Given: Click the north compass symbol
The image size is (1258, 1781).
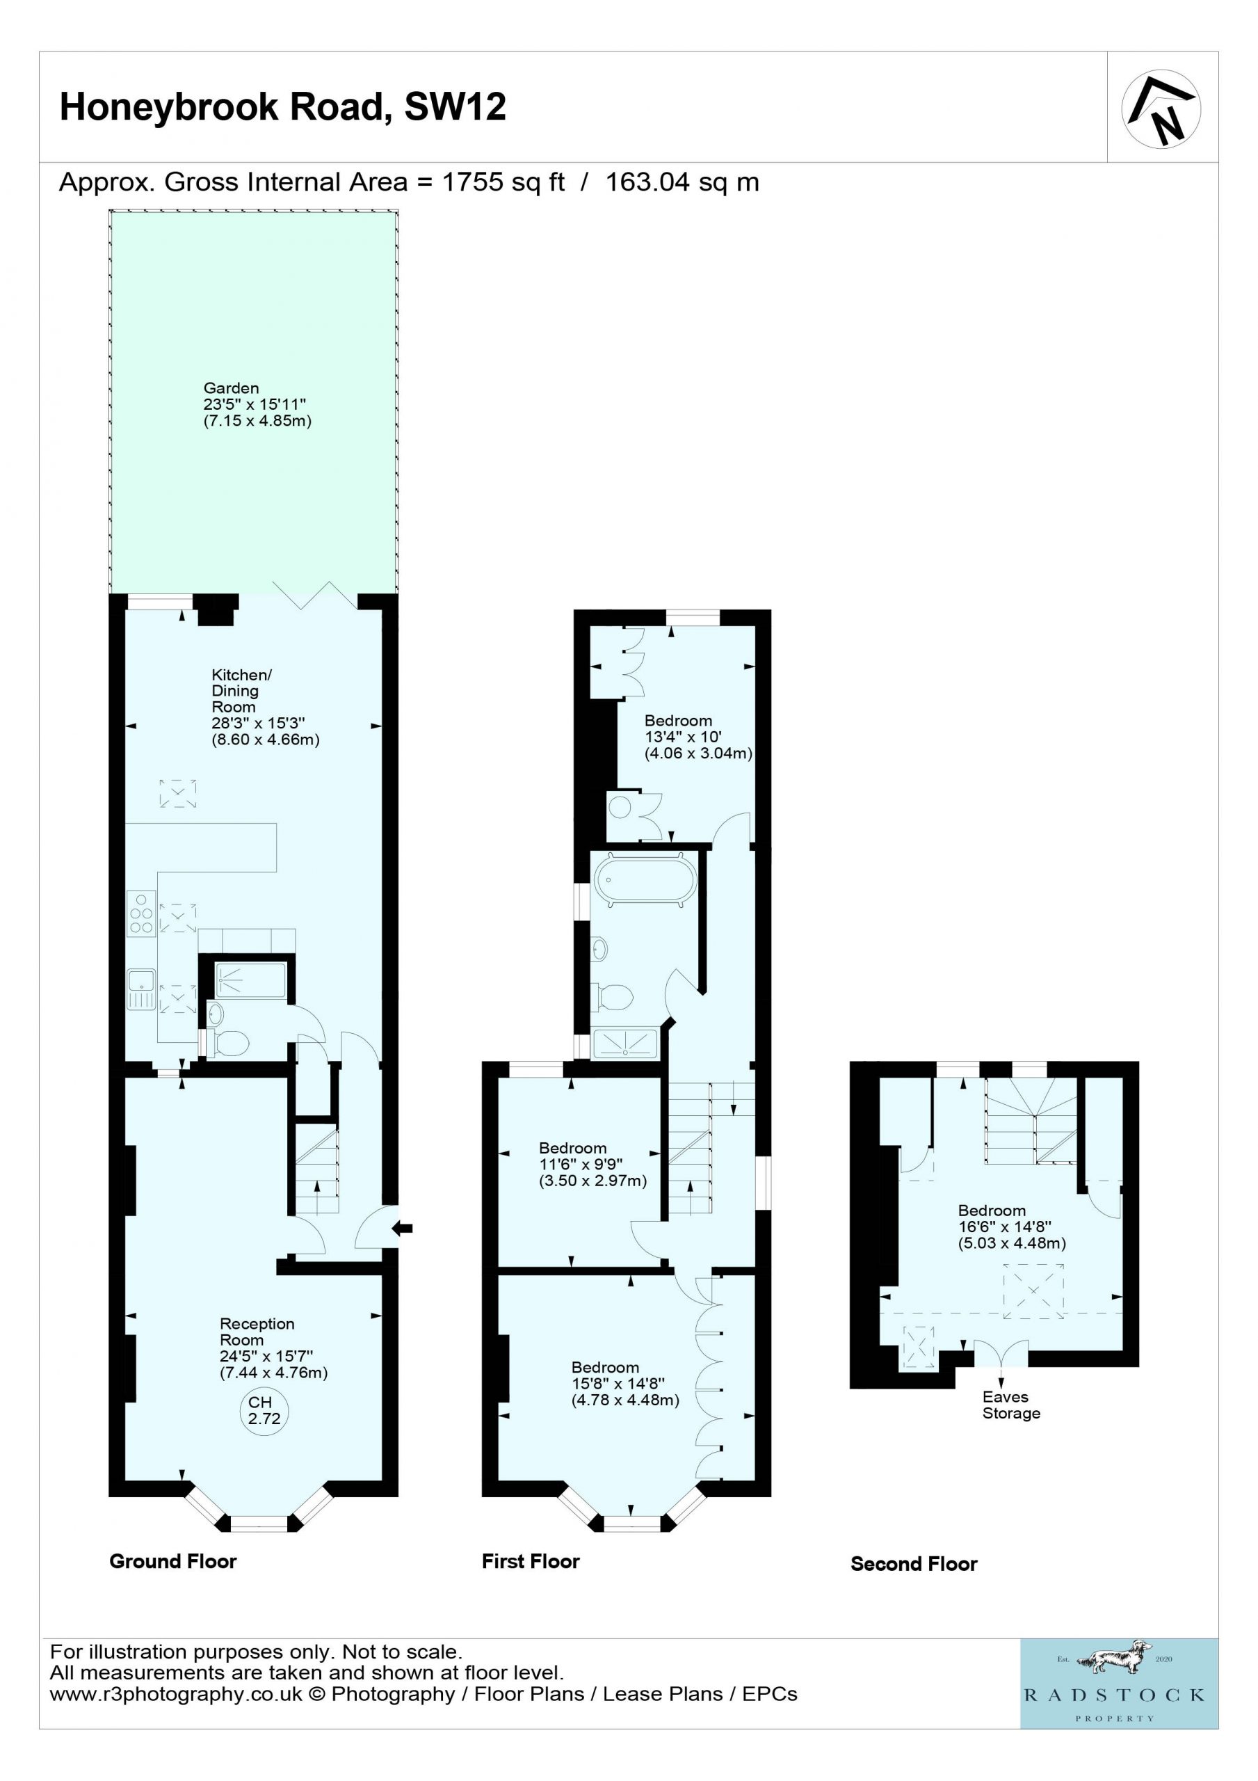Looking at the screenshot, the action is tap(1161, 109).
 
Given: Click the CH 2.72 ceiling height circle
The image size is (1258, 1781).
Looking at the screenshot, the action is tap(264, 1410).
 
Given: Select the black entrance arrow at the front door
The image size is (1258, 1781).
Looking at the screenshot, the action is tap(403, 1228).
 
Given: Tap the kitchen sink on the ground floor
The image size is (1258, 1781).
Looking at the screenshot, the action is tap(141, 989).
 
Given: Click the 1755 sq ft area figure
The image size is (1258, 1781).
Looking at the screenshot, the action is tap(503, 182).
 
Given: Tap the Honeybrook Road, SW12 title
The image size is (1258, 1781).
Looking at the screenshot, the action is tap(283, 107).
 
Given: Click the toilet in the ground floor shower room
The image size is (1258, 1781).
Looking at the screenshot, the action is tap(227, 1044).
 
